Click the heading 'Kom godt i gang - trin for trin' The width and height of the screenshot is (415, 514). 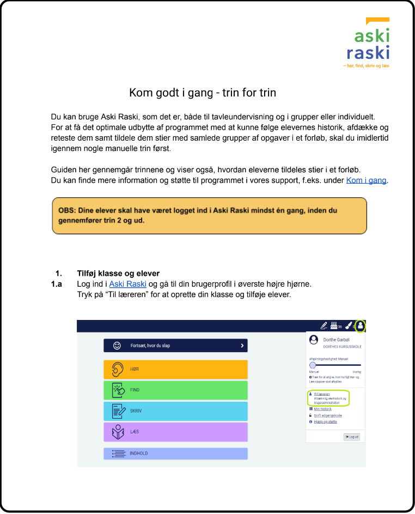pyautogui.click(x=203, y=93)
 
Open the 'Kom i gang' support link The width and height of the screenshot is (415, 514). pyautogui.click(x=366, y=180)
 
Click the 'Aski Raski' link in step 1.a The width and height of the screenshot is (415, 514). pyautogui.click(x=128, y=284)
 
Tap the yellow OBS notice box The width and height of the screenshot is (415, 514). pyautogui.click(x=209, y=216)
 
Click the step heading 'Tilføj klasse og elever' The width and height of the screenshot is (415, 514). pyautogui.click(x=118, y=273)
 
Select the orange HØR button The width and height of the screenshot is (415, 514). pyautogui.click(x=175, y=370)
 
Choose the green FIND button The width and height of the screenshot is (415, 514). pyautogui.click(x=175, y=390)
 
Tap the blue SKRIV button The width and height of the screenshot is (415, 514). pyautogui.click(x=175, y=411)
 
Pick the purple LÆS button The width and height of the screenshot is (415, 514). pyautogui.click(x=175, y=432)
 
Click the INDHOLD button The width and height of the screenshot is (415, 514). pyautogui.click(x=175, y=453)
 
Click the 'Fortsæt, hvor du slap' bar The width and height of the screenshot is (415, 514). pyautogui.click(x=175, y=346)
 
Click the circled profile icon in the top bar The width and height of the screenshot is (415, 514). pyautogui.click(x=360, y=326)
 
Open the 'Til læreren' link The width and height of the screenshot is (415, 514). pyautogui.click(x=322, y=394)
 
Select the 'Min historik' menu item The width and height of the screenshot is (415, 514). pyautogui.click(x=322, y=409)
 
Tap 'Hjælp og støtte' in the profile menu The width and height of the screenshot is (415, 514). pyautogui.click(x=326, y=422)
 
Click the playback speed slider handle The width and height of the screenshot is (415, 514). pyautogui.click(x=313, y=365)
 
